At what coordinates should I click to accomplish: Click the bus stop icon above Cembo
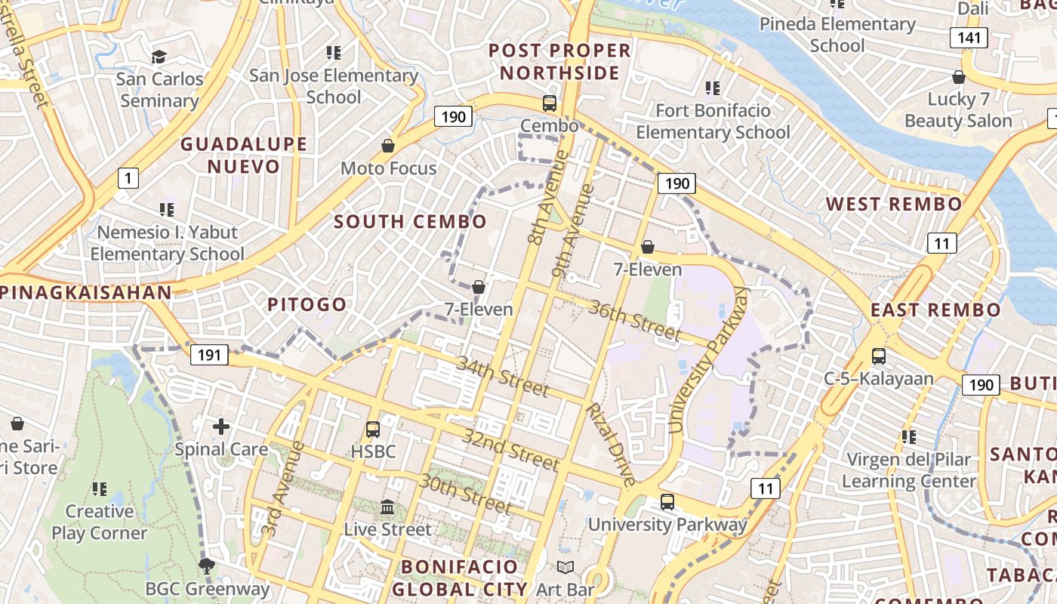pyautogui.click(x=550, y=103)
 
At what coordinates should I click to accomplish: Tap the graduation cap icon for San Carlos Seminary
pyautogui.click(x=159, y=57)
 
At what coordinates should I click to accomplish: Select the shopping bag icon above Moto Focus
pyautogui.click(x=388, y=146)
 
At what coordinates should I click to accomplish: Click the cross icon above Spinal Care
pyautogui.click(x=221, y=427)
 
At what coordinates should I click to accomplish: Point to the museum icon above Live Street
pyautogui.click(x=387, y=507)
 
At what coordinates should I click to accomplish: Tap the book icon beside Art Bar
pyautogui.click(x=565, y=567)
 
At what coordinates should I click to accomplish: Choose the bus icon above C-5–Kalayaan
pyautogui.click(x=878, y=356)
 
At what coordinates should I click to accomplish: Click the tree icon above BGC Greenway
pyautogui.click(x=206, y=565)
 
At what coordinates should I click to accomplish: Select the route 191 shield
pyautogui.click(x=209, y=355)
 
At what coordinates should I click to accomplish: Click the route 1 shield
pyautogui.click(x=128, y=178)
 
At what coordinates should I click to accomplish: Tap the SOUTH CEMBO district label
pyautogui.click(x=410, y=222)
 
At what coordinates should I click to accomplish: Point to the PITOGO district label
pyautogui.click(x=307, y=305)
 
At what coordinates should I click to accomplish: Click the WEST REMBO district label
pyautogui.click(x=894, y=204)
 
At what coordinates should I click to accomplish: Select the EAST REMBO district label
pyautogui.click(x=935, y=310)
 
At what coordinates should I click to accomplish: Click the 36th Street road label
pyautogui.click(x=634, y=321)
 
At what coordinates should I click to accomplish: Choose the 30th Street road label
pyautogui.click(x=466, y=493)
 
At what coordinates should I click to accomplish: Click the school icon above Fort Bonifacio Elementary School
pyautogui.click(x=712, y=88)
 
